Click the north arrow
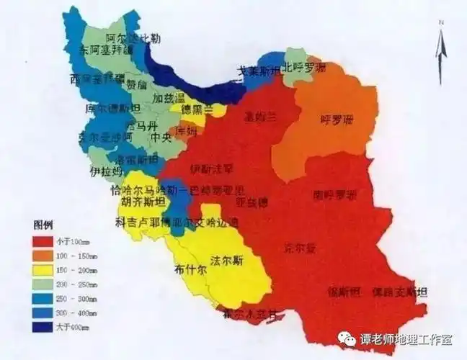coord(440,50)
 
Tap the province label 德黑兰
coord(197,109)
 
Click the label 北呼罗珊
coord(304,68)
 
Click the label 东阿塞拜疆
coord(107,50)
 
